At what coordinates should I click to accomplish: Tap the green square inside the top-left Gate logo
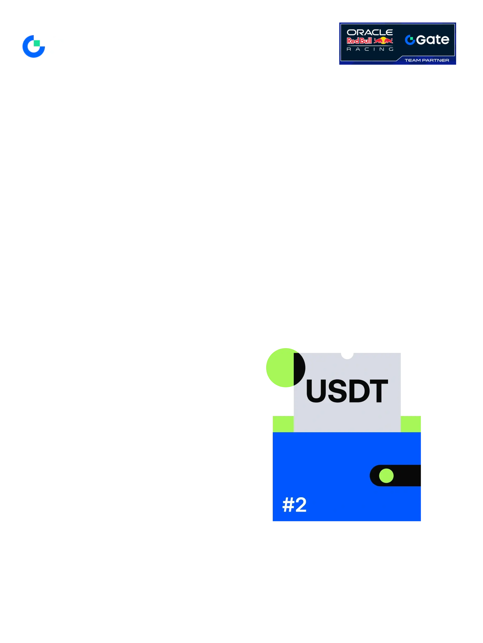37,43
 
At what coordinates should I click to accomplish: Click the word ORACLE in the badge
370,32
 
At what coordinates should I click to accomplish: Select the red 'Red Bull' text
359,41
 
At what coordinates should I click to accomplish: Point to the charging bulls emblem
383,41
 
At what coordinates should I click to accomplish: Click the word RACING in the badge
370,49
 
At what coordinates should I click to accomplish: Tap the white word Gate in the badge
433,40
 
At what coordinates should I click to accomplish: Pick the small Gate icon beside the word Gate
410,40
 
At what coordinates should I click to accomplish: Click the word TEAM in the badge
413,60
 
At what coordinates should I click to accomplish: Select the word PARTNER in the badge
436,60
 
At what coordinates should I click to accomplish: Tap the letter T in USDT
379,391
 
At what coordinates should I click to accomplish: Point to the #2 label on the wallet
294,504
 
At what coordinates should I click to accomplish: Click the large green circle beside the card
280,368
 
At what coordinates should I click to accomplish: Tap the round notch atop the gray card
347,356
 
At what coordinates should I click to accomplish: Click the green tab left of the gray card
283,424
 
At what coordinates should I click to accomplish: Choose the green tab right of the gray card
411,424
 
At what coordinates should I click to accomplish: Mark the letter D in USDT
359,391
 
